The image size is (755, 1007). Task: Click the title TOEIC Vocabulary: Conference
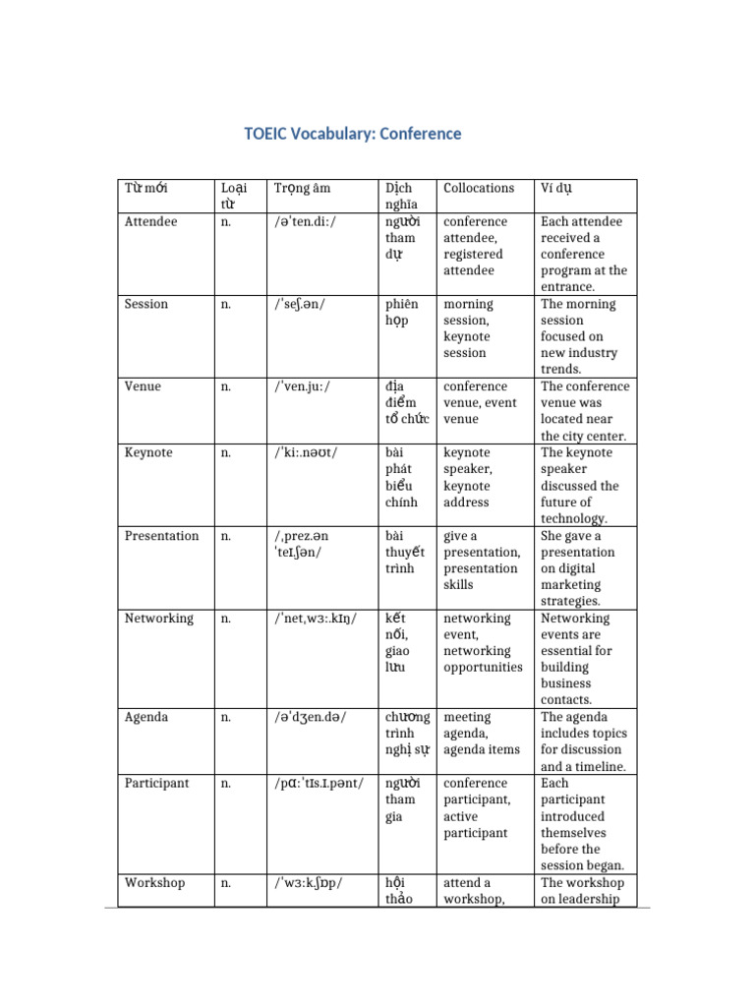click(x=353, y=134)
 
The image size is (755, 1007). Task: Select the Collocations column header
click(x=479, y=188)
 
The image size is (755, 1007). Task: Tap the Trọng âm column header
click(x=304, y=188)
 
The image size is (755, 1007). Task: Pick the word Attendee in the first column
click(x=151, y=222)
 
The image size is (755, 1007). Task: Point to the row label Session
click(x=146, y=305)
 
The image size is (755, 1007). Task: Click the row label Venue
click(x=143, y=387)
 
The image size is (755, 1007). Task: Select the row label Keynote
click(x=148, y=453)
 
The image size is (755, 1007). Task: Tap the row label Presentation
click(x=161, y=536)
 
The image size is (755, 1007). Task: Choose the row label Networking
click(x=160, y=619)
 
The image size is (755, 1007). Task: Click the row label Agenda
click(x=145, y=718)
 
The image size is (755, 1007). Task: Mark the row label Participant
click(x=158, y=784)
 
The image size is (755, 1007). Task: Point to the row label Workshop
click(x=154, y=883)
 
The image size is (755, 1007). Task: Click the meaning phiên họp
click(x=400, y=313)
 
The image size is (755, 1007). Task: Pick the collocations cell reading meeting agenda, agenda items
click(x=482, y=734)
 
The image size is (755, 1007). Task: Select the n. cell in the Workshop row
click(x=226, y=883)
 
